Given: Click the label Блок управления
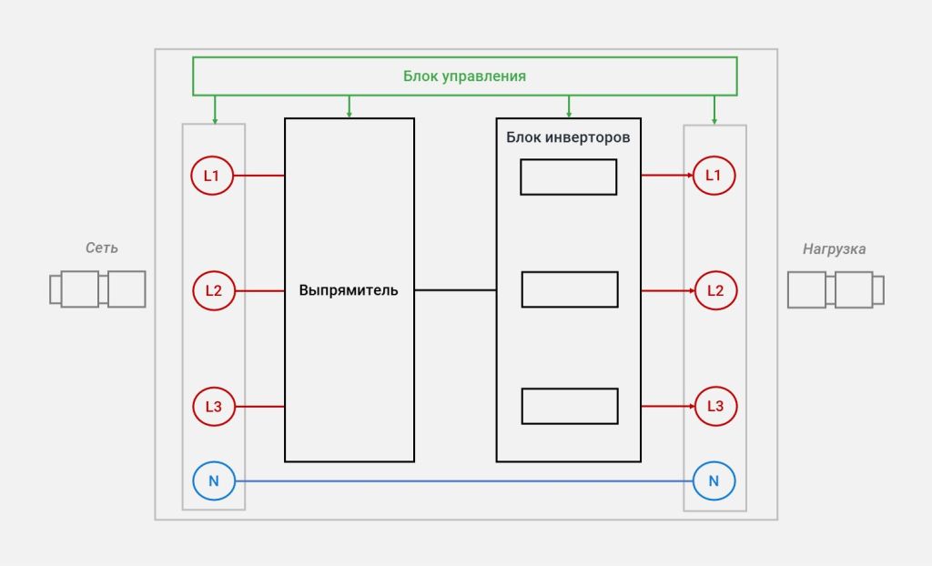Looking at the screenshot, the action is coord(465,76).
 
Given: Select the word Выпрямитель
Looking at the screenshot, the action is coord(349,290).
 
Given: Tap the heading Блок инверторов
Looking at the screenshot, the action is coord(568,137).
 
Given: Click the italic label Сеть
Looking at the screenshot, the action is coord(102,248).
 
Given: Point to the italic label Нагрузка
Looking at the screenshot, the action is coord(834,249).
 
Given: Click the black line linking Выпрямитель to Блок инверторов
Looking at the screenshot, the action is coord(455,290).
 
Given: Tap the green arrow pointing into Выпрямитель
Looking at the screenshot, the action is coord(349,106).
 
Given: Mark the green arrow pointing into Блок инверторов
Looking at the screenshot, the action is coord(569,106).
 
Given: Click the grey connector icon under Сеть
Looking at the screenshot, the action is coord(97,289).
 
